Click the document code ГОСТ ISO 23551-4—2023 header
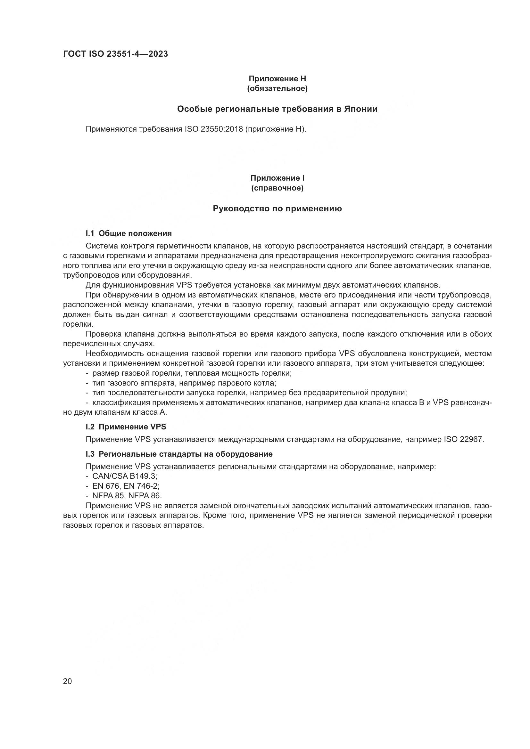coord(116,54)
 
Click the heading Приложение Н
coord(277,79)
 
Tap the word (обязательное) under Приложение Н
coord(277,89)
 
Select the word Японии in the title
coord(360,109)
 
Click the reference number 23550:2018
coord(222,129)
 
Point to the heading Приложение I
coord(277,178)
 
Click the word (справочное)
coord(277,188)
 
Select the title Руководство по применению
coord(277,208)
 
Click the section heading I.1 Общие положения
coord(128,233)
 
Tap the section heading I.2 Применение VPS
coord(126,427)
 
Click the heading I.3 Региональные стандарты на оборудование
coord(179,454)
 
